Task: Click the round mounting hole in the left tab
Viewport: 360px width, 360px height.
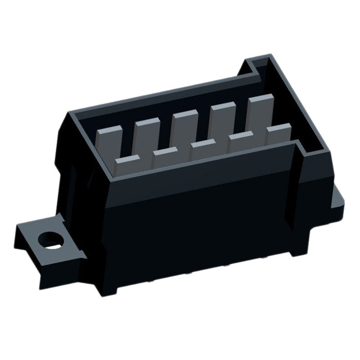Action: pos(51,240)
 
